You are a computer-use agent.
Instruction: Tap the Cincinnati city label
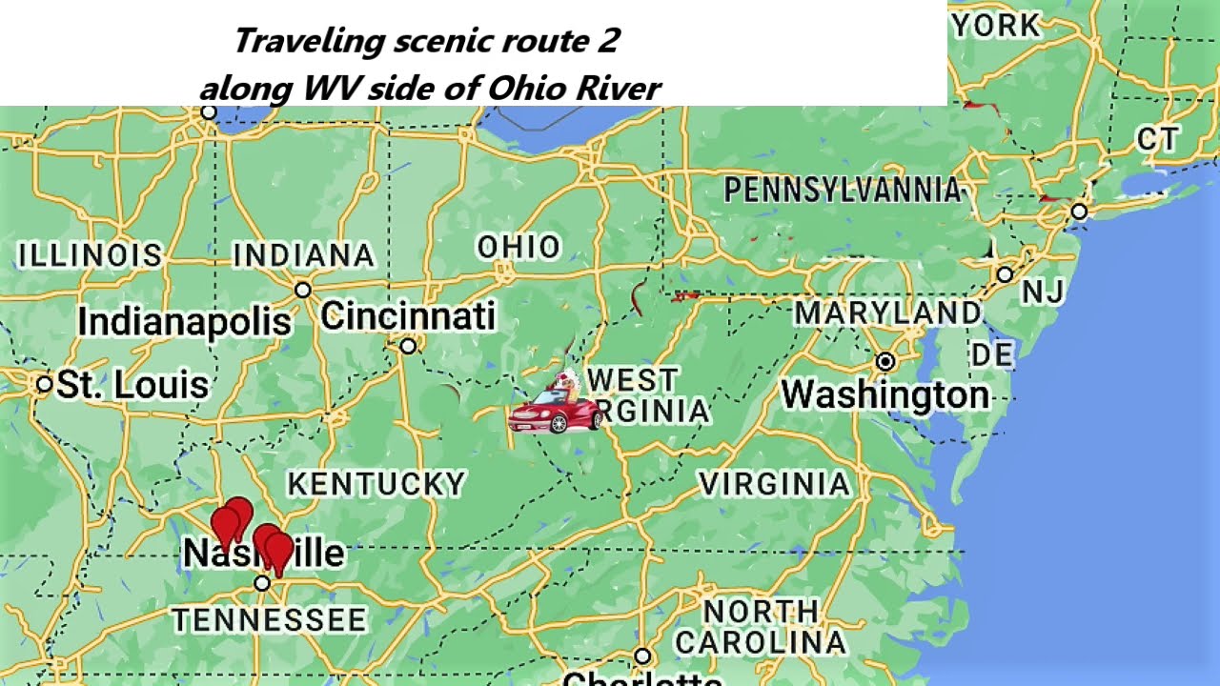click(x=408, y=316)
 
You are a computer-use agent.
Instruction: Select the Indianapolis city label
click(x=184, y=322)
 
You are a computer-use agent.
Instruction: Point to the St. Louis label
click(x=132, y=385)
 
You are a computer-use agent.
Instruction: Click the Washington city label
click(x=885, y=394)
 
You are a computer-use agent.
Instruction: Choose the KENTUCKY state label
click(x=376, y=484)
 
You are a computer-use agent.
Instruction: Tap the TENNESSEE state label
click(x=270, y=620)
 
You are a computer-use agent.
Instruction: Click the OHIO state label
click(x=518, y=248)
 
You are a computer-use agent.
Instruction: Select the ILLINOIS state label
click(x=91, y=255)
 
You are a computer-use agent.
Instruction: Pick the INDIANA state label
click(x=304, y=255)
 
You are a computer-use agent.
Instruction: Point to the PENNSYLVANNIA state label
click(x=843, y=191)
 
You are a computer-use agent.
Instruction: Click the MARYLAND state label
click(x=887, y=313)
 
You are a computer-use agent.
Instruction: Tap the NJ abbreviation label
click(x=1043, y=293)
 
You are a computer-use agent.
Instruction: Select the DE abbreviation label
click(x=991, y=355)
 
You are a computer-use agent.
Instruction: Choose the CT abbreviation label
click(x=1158, y=140)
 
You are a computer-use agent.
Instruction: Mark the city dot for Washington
click(x=885, y=361)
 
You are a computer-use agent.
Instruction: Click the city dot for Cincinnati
click(x=408, y=346)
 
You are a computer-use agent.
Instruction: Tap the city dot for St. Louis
click(x=44, y=384)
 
